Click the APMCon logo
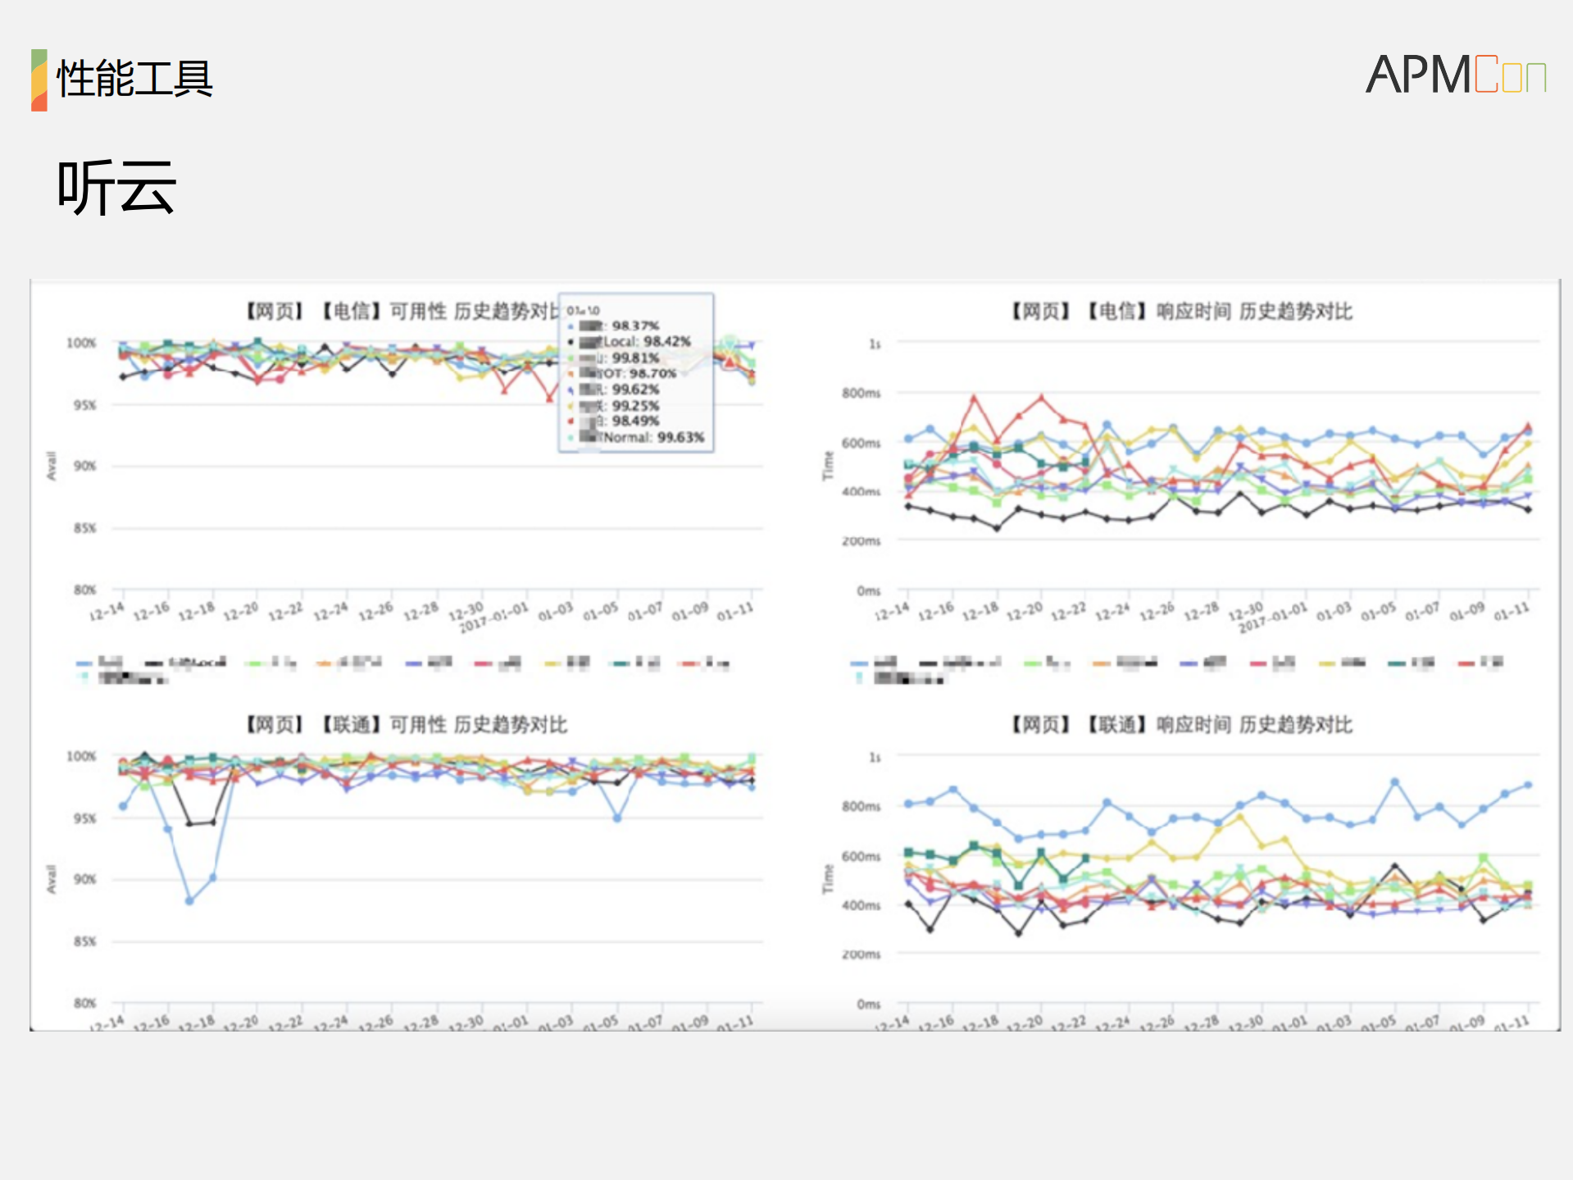(x=1455, y=75)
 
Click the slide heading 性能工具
(x=134, y=80)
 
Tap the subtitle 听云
(x=116, y=188)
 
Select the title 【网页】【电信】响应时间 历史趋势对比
(x=1181, y=312)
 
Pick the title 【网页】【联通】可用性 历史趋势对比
(x=407, y=725)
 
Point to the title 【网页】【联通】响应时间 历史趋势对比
(x=1181, y=725)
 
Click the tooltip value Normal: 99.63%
(x=653, y=438)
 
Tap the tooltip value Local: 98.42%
(x=647, y=342)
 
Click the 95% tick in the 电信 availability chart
(x=84, y=405)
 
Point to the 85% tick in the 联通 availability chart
(x=84, y=941)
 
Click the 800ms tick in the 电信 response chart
(x=861, y=394)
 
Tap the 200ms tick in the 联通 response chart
(x=861, y=954)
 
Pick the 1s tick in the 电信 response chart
(x=875, y=344)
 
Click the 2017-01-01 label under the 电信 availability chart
(x=493, y=618)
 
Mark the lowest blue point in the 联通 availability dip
(x=189, y=900)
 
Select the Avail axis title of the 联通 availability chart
(x=51, y=879)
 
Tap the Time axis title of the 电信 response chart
(x=828, y=466)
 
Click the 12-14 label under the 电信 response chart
(x=892, y=613)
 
